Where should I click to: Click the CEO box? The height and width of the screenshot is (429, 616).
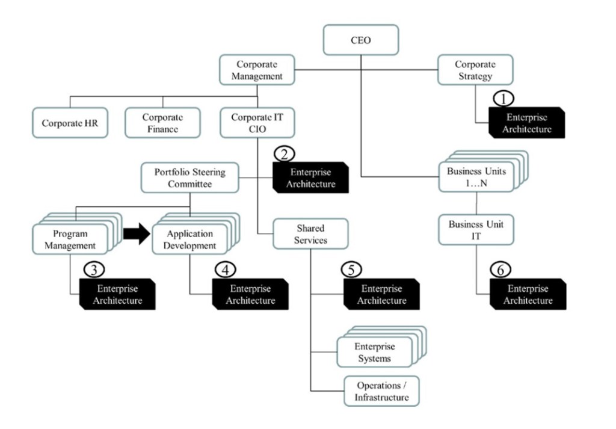(x=361, y=41)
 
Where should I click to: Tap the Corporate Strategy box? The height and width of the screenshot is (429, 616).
(x=475, y=70)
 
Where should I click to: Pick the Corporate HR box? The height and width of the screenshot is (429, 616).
(x=70, y=123)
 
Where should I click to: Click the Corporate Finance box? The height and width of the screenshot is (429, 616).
(x=162, y=123)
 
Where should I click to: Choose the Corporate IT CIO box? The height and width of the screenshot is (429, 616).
(x=257, y=123)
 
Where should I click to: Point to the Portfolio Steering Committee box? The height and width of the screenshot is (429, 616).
(x=190, y=177)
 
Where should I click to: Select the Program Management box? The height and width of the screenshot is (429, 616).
(x=70, y=239)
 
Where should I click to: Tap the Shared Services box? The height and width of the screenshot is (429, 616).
(x=310, y=234)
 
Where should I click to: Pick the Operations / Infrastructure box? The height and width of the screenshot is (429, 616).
(x=381, y=392)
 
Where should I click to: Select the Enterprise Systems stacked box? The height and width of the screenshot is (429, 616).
(x=375, y=353)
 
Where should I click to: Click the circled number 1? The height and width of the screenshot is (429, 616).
(x=503, y=98)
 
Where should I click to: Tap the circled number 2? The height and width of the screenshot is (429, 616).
(x=285, y=153)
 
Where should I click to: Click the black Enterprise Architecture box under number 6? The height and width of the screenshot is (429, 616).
(x=527, y=294)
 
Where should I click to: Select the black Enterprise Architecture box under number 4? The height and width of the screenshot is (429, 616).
(x=250, y=294)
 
